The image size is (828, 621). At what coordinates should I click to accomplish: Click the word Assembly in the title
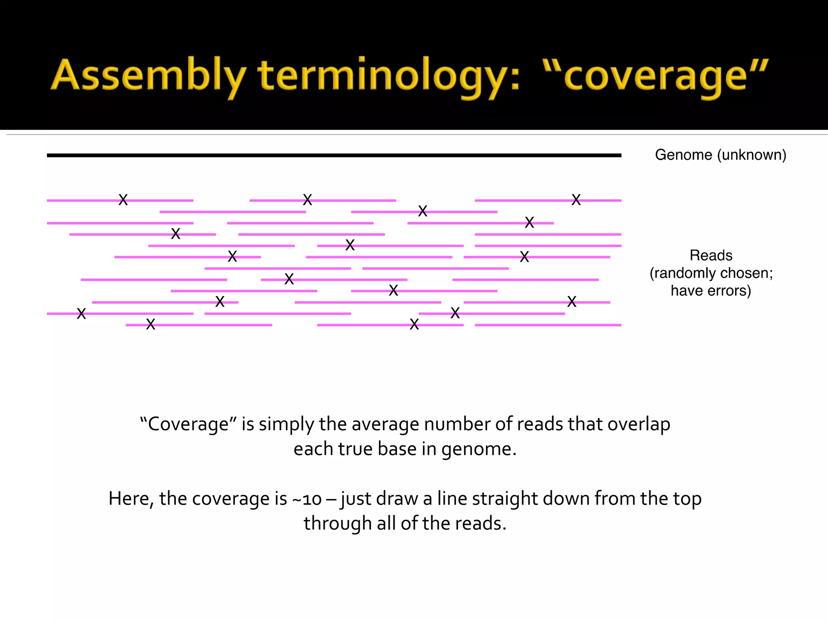148,76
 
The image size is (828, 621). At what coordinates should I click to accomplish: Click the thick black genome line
334,155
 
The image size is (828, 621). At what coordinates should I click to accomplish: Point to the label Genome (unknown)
720,155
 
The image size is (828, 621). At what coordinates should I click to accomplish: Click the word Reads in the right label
711,256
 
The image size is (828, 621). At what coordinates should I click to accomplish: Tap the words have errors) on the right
711,291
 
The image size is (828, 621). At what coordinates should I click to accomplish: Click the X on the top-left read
123,200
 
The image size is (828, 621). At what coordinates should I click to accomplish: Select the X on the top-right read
576,200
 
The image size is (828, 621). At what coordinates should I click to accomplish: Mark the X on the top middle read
307,200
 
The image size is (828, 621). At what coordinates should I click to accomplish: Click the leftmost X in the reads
81,314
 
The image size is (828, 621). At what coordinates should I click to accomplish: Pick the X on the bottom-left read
150,324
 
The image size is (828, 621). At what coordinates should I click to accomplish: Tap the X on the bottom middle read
414,324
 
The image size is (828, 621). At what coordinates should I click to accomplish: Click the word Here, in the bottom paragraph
131,499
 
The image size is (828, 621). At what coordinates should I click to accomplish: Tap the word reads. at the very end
481,524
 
